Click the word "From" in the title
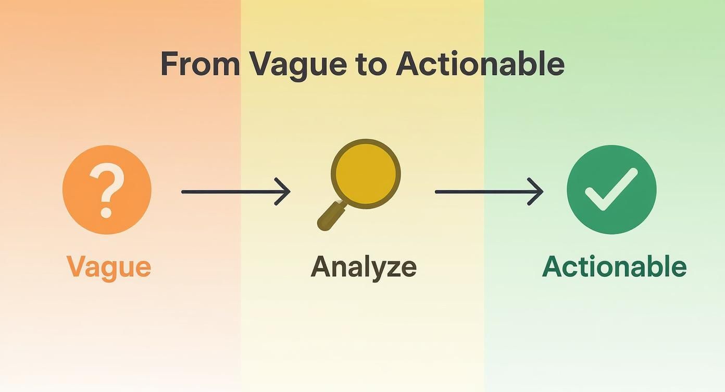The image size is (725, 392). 199,64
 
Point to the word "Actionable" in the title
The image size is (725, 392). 480,64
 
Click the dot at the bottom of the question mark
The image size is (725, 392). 106,212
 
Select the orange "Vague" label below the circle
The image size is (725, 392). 109,267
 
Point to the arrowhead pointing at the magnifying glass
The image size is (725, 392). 284,192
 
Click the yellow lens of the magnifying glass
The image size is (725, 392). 366,174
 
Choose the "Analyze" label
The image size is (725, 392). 364,267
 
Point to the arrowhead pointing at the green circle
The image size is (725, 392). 537,192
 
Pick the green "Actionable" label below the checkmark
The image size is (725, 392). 615,267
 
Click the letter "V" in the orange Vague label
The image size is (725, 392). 77,266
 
